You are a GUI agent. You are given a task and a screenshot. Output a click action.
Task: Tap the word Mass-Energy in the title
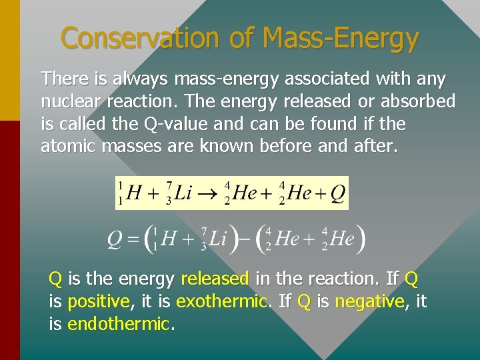341,39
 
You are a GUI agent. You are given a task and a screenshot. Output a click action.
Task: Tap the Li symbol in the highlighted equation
181,193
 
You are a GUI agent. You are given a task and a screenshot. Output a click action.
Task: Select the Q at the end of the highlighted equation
337,193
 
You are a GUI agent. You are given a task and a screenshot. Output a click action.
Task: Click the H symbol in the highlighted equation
134,194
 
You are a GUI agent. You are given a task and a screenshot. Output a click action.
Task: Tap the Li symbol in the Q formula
217,239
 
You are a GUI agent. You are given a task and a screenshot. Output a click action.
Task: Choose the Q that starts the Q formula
115,239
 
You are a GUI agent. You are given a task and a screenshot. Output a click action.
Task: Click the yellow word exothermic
221,301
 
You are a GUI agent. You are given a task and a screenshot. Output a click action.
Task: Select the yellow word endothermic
119,325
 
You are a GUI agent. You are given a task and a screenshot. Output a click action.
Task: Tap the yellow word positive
99,301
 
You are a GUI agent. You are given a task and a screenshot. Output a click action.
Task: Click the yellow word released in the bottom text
215,278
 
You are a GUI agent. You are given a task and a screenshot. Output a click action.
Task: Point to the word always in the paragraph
141,79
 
